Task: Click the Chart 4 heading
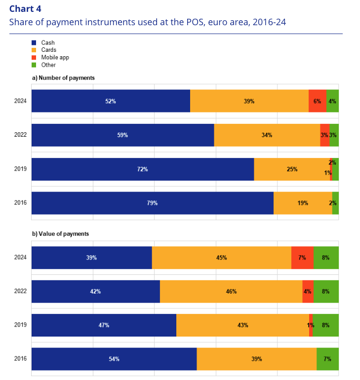coord(25,8)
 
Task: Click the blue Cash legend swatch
coord(34,43)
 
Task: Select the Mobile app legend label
coord(55,57)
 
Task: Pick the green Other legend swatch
coord(34,65)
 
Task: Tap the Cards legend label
coord(48,50)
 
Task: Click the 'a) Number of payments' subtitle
coord(63,77)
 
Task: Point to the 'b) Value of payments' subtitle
coord(60,233)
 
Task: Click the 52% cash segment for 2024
coord(111,101)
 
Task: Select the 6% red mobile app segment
coord(318,101)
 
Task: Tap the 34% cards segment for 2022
coord(267,135)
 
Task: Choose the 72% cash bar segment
coord(143,169)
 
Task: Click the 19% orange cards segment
coord(303,202)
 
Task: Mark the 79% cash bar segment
coord(152,202)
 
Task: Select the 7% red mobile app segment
coord(302,257)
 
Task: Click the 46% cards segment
coord(231,291)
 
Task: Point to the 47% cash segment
coord(104,325)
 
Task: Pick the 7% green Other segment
coord(327,359)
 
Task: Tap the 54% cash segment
coord(114,359)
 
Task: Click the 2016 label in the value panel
coord(20,359)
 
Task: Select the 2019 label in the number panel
coord(20,169)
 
